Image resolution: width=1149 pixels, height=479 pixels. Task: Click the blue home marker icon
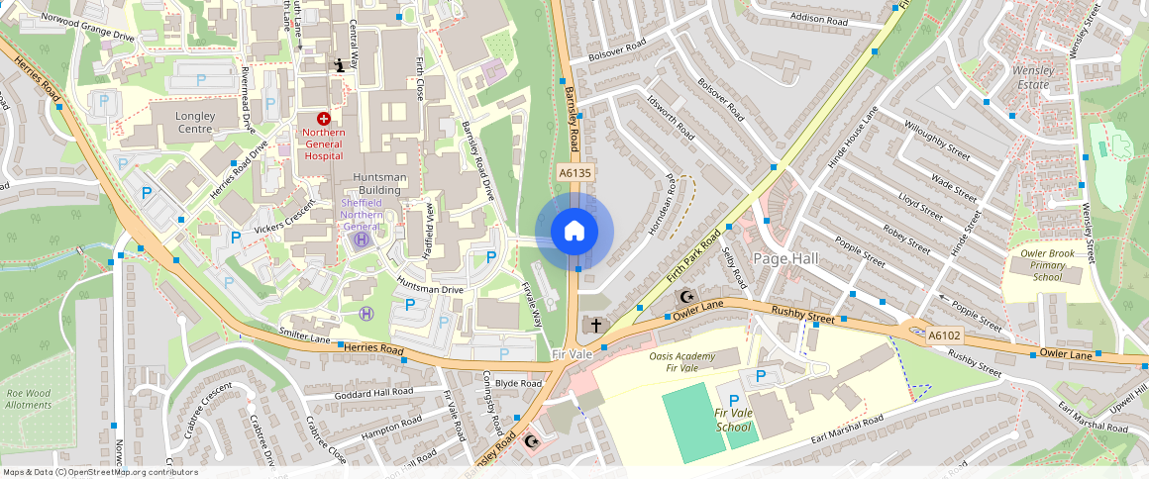click(574, 232)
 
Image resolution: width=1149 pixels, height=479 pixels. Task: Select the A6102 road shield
click(944, 335)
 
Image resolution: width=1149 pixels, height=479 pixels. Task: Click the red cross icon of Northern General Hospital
click(324, 119)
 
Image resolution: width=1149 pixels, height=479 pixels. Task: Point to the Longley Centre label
click(194, 122)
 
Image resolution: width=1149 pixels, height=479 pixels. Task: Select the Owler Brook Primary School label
click(1047, 265)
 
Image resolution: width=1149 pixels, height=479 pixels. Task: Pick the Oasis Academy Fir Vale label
click(681, 362)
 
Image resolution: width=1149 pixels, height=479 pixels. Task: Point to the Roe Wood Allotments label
click(28, 398)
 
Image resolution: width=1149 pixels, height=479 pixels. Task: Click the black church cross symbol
click(596, 325)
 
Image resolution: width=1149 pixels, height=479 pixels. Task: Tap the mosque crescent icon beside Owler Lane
click(684, 296)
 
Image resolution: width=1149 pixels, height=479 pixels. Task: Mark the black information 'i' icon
click(340, 65)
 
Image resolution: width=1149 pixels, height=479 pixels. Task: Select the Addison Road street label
click(818, 18)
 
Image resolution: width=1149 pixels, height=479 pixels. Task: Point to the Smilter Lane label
click(305, 336)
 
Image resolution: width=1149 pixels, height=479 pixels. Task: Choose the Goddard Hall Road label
click(374, 392)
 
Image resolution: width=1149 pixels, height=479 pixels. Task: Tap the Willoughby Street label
click(937, 141)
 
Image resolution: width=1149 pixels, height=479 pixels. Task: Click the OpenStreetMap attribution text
click(99, 472)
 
